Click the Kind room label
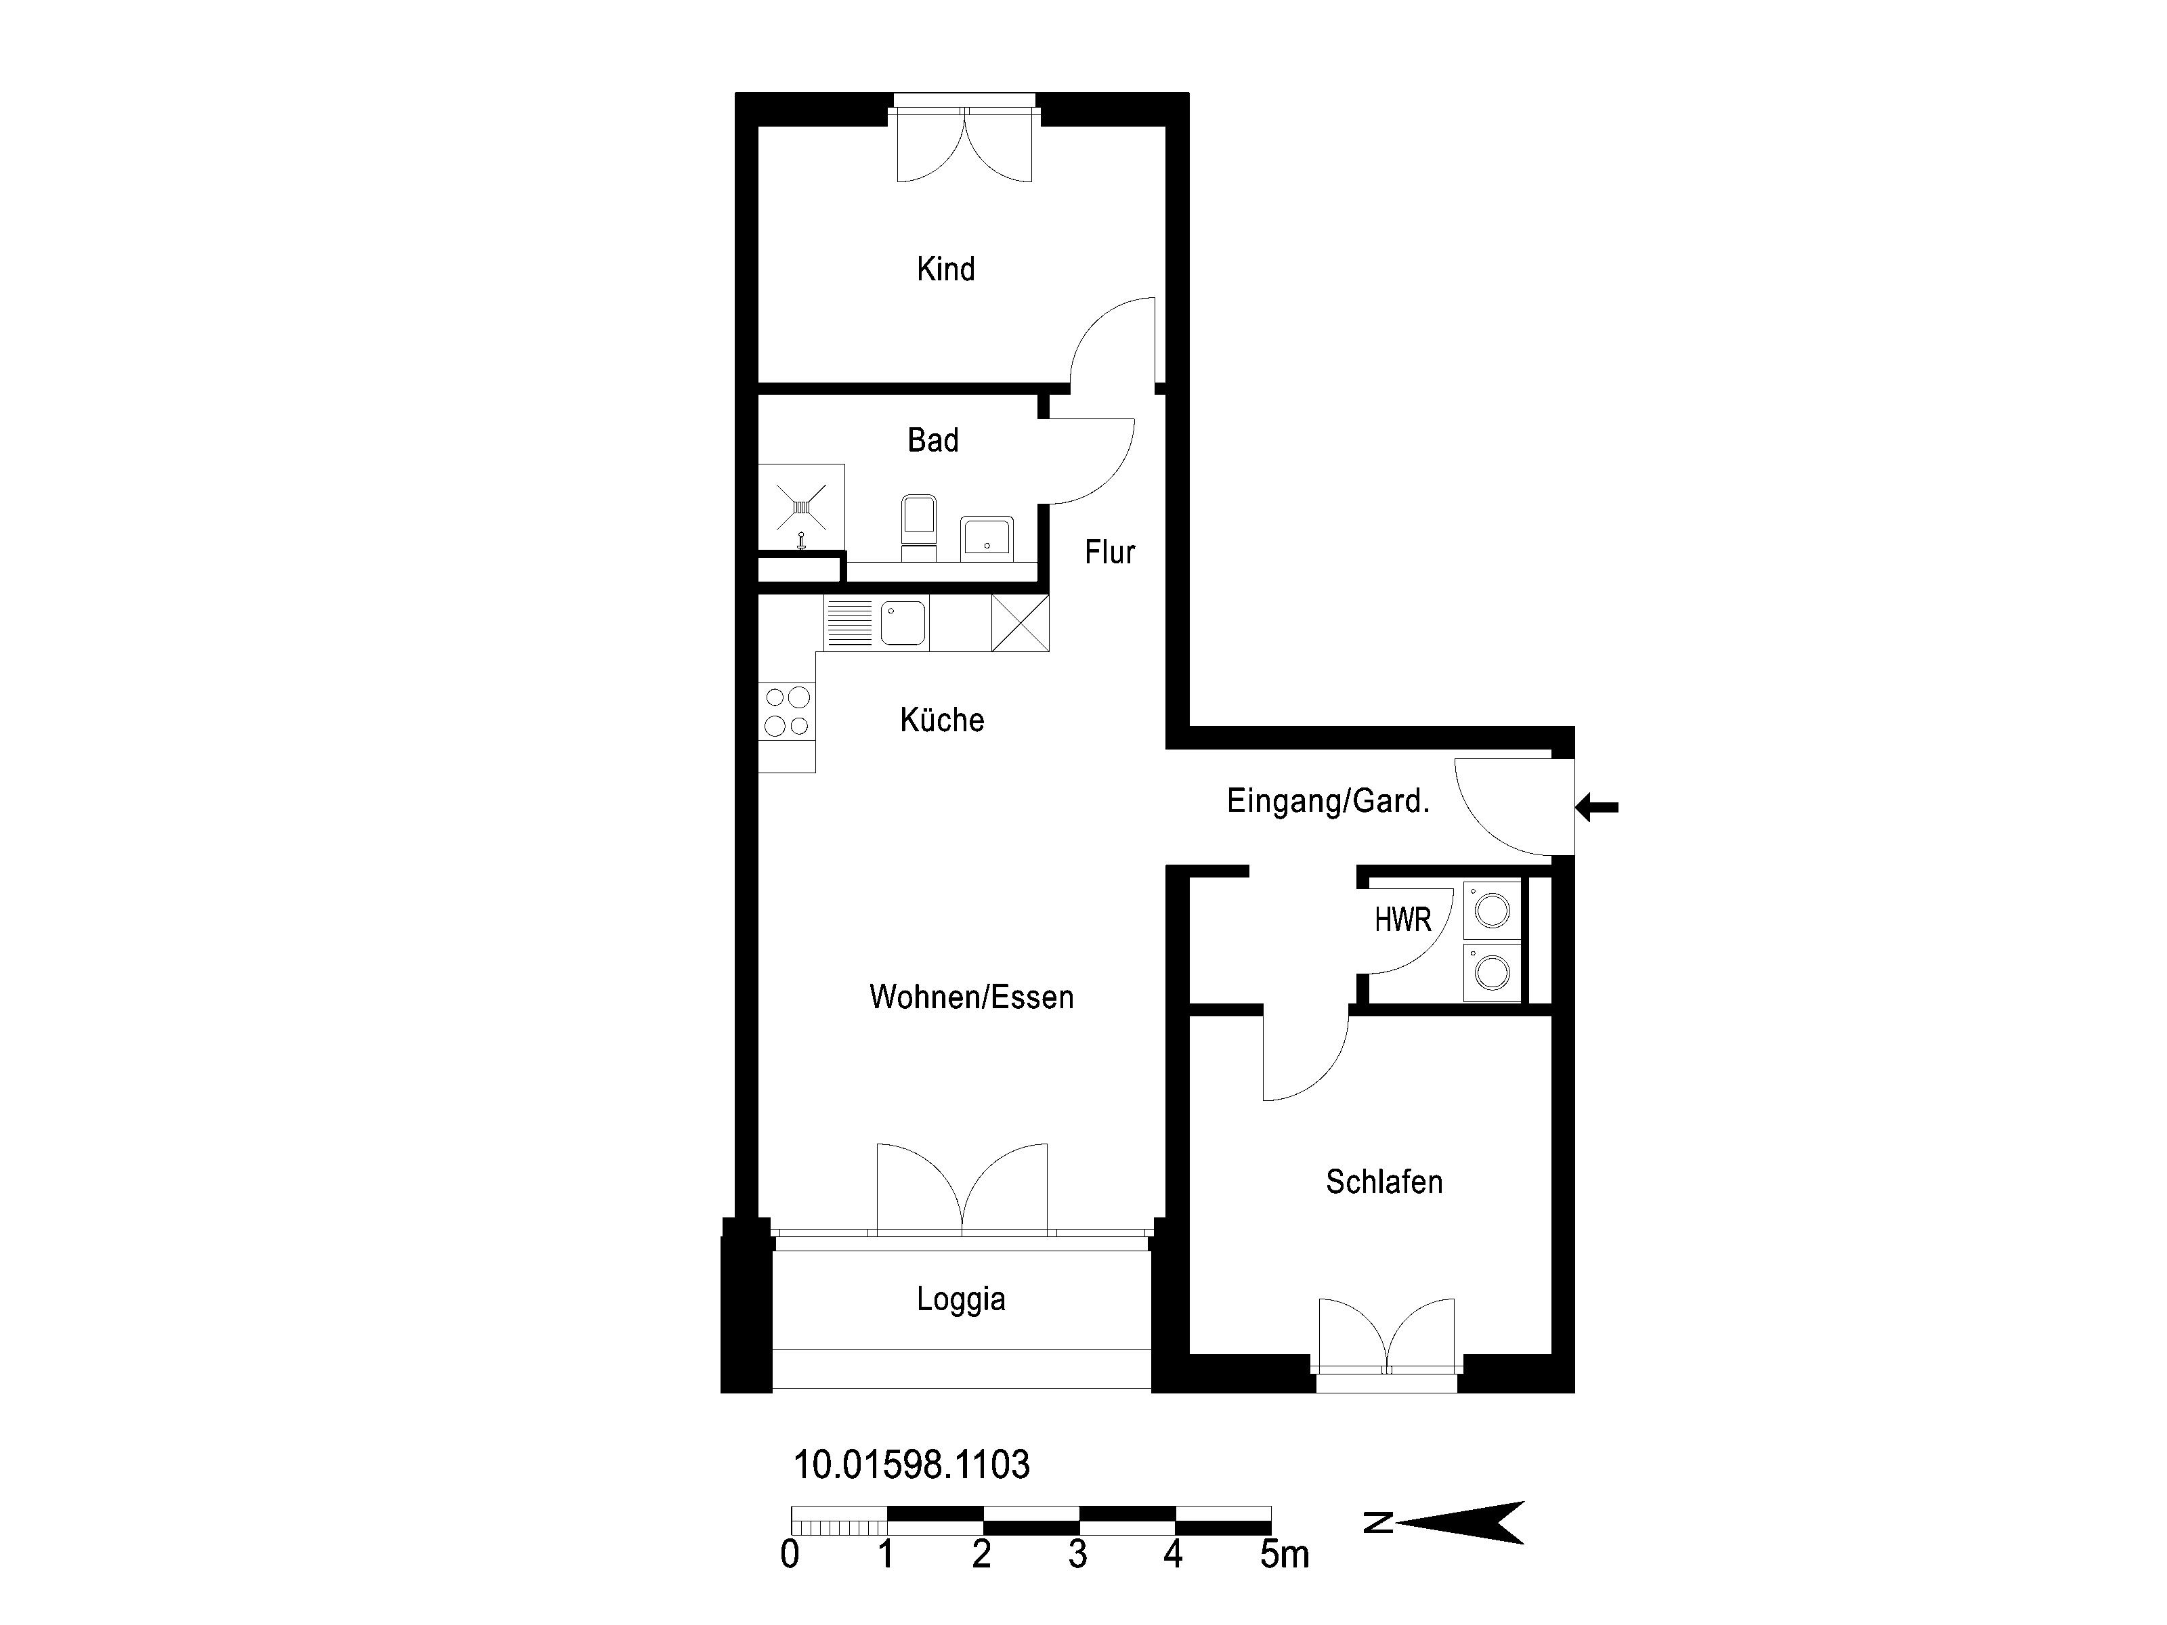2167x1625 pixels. [x=945, y=268]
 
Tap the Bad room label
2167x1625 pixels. [x=932, y=440]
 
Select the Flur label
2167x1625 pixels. [x=1109, y=552]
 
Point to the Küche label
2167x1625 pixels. [x=941, y=720]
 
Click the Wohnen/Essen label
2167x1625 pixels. [x=971, y=997]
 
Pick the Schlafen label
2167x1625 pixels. [x=1383, y=1182]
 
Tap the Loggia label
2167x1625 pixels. [x=961, y=1299]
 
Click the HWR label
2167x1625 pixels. [x=1403, y=919]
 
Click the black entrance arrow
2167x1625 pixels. [x=1596, y=808]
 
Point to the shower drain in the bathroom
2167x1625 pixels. [x=801, y=506]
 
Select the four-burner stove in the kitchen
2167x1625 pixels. [x=787, y=711]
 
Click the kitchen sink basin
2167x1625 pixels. [x=902, y=623]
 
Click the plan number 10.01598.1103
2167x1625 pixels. [x=911, y=1465]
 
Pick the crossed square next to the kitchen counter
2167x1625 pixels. [x=1020, y=623]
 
